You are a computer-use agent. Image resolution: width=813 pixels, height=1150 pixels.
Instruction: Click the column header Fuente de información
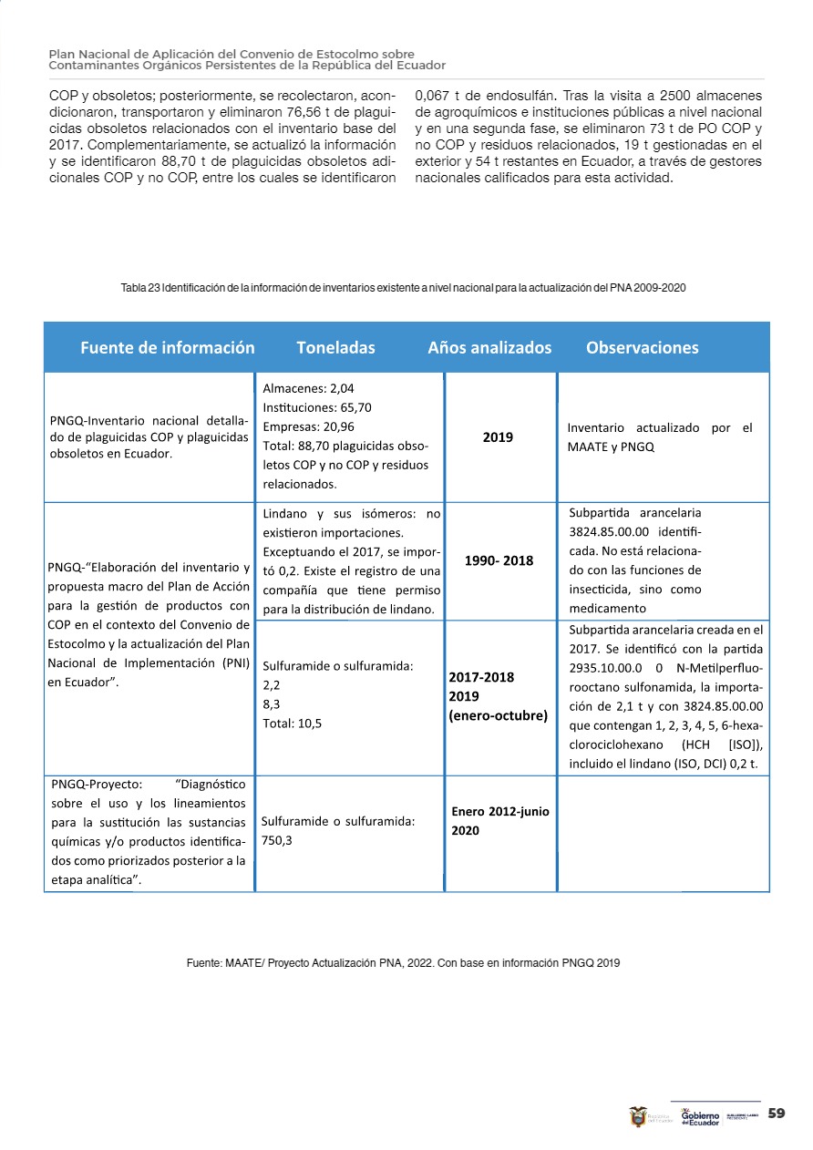click(167, 347)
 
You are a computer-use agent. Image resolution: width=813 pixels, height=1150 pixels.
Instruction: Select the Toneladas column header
click(335, 347)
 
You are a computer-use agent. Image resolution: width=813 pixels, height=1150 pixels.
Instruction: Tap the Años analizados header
click(489, 347)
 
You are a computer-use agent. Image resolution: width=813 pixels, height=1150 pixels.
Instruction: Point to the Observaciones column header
click(642, 347)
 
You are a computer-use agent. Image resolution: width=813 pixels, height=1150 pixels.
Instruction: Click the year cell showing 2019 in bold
click(498, 436)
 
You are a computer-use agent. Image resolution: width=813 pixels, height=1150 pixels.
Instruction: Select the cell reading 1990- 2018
click(499, 560)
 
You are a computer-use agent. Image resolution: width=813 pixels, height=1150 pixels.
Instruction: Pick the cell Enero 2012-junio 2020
click(499, 821)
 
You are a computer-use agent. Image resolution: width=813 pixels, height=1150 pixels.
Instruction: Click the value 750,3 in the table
click(276, 840)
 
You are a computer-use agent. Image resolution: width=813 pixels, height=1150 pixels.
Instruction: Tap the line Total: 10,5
click(292, 724)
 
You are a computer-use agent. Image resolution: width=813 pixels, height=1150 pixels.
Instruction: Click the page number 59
click(777, 1114)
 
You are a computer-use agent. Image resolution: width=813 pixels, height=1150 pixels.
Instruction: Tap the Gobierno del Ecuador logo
click(700, 1117)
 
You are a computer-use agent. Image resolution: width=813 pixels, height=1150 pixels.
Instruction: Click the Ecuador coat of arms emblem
click(638, 1116)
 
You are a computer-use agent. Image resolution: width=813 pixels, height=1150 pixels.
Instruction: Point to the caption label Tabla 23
click(140, 288)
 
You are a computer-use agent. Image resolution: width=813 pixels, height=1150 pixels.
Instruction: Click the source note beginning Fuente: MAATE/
click(403, 962)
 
